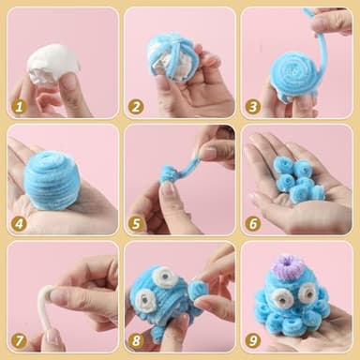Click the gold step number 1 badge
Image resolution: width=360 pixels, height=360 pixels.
point(19,107)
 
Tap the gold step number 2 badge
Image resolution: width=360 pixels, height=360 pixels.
point(136,107)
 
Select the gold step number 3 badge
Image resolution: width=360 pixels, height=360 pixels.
point(252,107)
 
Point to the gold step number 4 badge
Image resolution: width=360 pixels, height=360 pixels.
point(19,224)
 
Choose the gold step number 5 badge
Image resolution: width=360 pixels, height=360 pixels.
point(136,224)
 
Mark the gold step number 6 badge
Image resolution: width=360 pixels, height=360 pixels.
point(252,224)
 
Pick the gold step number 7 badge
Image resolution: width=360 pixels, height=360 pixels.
point(19,340)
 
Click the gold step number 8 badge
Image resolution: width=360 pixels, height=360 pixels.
point(136,340)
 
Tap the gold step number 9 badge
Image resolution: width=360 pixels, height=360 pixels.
point(252,340)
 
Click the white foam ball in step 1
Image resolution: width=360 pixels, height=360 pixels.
point(52,65)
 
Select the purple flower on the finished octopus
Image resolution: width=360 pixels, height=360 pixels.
point(285,264)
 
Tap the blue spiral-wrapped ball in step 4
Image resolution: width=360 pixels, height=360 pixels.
point(50,179)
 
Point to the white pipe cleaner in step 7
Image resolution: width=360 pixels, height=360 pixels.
point(50,305)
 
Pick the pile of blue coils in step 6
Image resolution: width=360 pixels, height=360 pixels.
point(298,180)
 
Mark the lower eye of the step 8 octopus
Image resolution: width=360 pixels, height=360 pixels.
point(145,300)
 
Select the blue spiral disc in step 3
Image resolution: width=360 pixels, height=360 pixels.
point(294,73)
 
